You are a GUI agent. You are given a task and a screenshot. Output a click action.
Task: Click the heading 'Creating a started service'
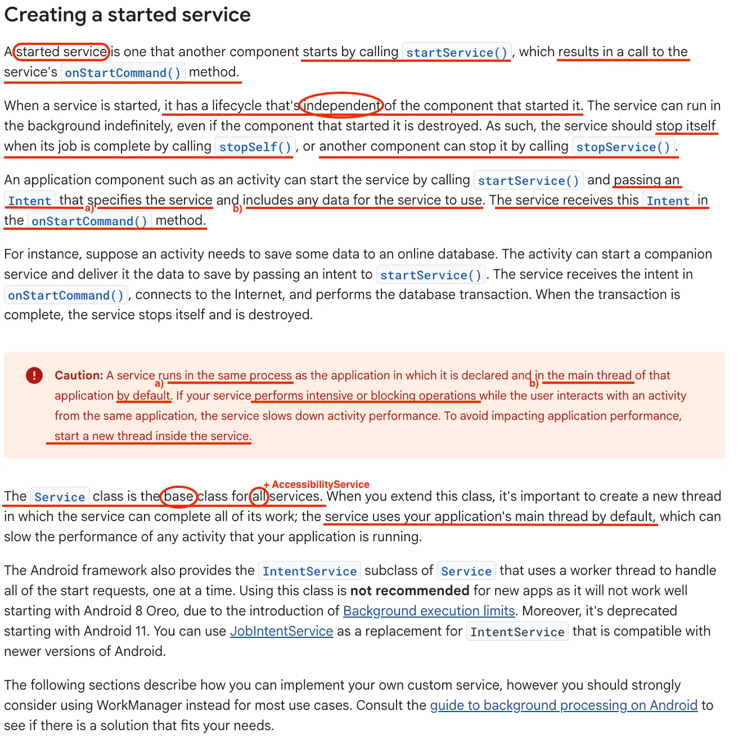pos(127,15)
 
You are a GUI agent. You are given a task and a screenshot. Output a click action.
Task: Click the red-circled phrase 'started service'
pos(61,52)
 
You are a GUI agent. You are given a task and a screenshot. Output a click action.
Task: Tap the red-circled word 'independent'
pos(341,105)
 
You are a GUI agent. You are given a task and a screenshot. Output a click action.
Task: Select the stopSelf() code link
pos(255,147)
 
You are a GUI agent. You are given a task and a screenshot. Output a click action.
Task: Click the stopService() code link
pos(623,147)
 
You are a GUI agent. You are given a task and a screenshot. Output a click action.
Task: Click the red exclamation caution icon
pos(34,375)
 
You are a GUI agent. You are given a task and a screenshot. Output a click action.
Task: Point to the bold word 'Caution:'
pos(79,375)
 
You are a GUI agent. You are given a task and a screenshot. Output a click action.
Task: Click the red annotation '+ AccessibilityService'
pos(317,484)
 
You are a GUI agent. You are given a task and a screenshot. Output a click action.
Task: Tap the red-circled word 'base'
pos(179,496)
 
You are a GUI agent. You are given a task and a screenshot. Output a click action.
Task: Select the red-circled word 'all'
pos(259,496)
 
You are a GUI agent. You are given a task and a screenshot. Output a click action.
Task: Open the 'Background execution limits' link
pos(429,611)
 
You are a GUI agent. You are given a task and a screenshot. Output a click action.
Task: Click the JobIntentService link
pos(281,631)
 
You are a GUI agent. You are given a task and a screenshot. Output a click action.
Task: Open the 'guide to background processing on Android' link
pos(563,705)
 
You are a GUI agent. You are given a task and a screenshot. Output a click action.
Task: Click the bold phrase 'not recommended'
pos(409,591)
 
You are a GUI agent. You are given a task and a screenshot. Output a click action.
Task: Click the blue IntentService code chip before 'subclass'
pos(309,571)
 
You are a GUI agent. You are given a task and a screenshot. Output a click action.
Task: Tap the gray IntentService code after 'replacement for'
pos(517,632)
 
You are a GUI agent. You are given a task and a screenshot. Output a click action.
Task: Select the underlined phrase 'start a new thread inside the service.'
pos(152,436)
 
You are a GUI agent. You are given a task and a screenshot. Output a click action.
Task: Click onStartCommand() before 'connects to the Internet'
pos(66,295)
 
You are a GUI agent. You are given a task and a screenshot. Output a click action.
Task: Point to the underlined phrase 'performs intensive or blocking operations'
pos(365,396)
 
